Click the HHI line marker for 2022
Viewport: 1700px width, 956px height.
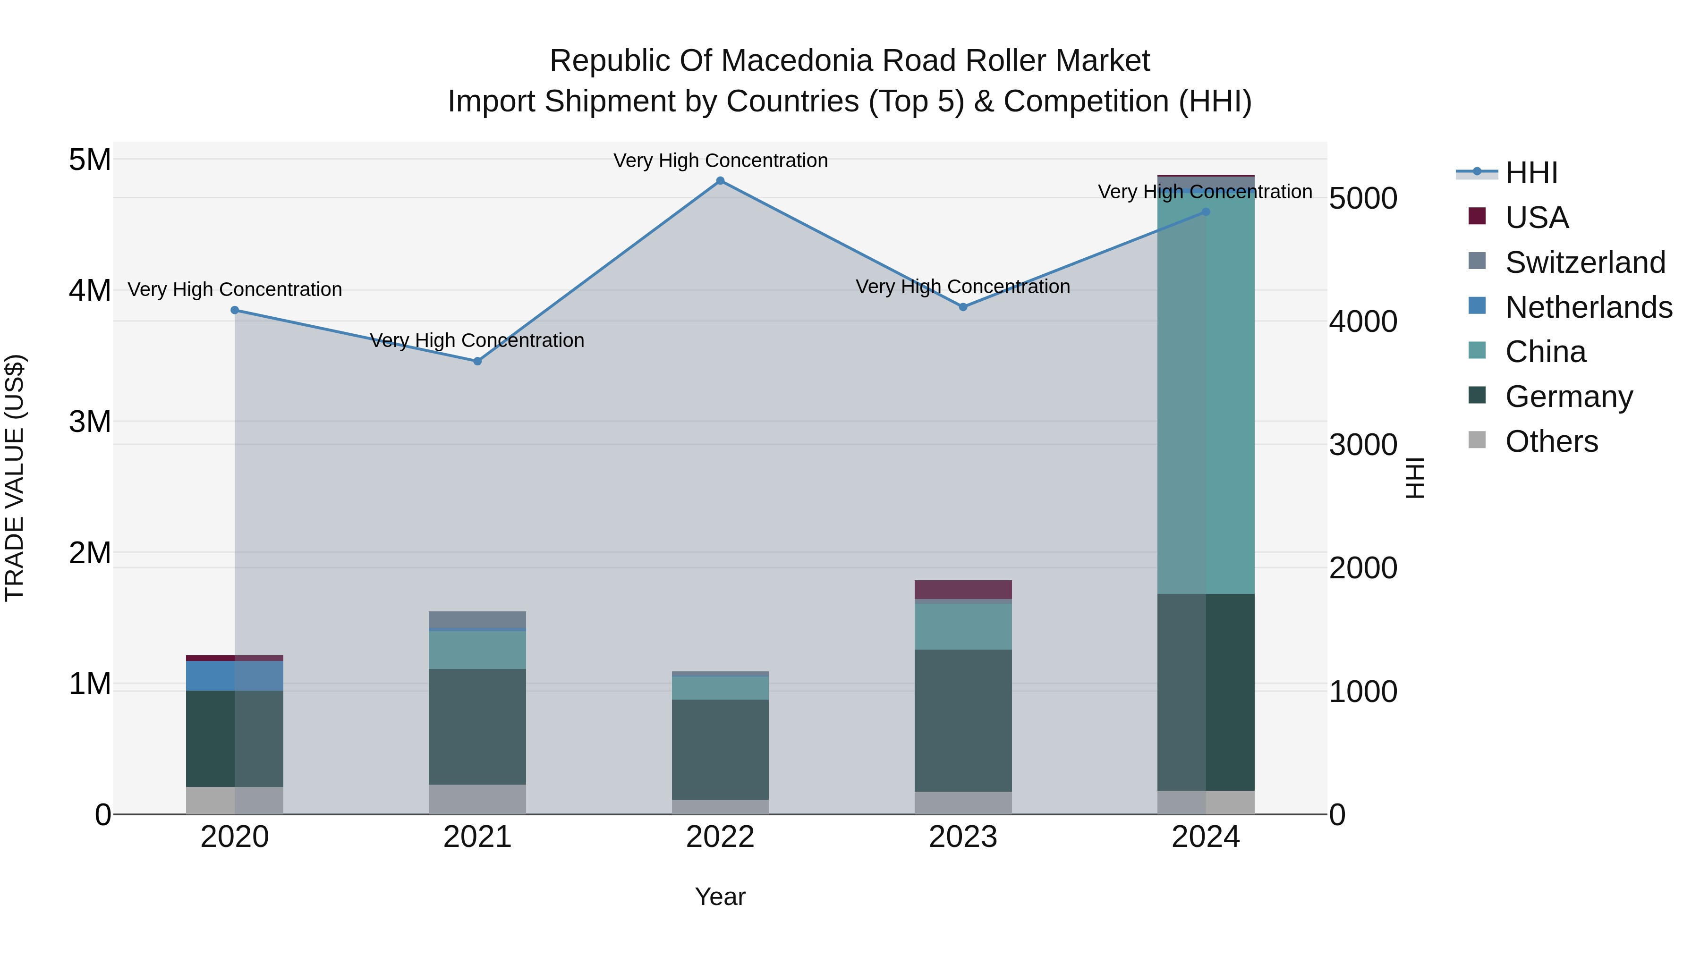tap(720, 181)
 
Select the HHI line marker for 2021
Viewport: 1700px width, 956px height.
tap(477, 361)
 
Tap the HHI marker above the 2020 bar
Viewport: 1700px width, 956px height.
tap(235, 310)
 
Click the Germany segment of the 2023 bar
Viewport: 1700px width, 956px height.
tap(963, 720)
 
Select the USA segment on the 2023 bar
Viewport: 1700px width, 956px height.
tap(963, 590)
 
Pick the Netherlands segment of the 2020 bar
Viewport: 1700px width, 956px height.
tap(235, 676)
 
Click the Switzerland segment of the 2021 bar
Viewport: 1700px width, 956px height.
tap(477, 620)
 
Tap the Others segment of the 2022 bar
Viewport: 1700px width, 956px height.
tap(720, 807)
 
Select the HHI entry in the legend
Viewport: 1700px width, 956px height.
tap(1531, 173)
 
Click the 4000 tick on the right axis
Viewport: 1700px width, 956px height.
tap(1363, 321)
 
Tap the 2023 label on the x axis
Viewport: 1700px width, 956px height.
tap(963, 837)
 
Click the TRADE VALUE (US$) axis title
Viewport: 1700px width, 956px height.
tap(15, 478)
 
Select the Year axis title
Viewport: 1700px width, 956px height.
tap(720, 897)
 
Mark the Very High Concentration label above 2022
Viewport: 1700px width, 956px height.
tap(720, 161)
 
